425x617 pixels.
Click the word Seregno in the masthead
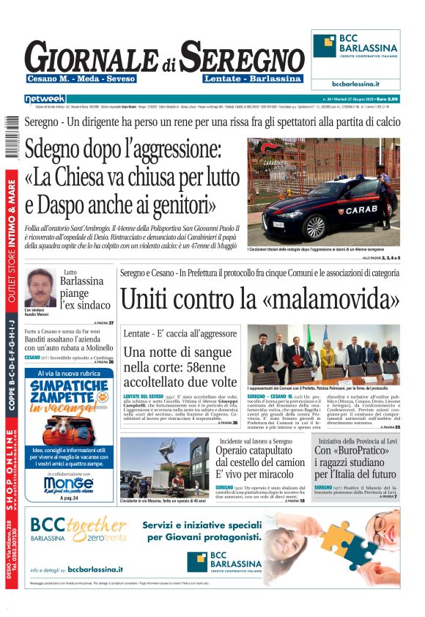click(241, 56)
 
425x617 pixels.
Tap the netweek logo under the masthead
click(45, 98)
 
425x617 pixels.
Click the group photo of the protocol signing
click(324, 354)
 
